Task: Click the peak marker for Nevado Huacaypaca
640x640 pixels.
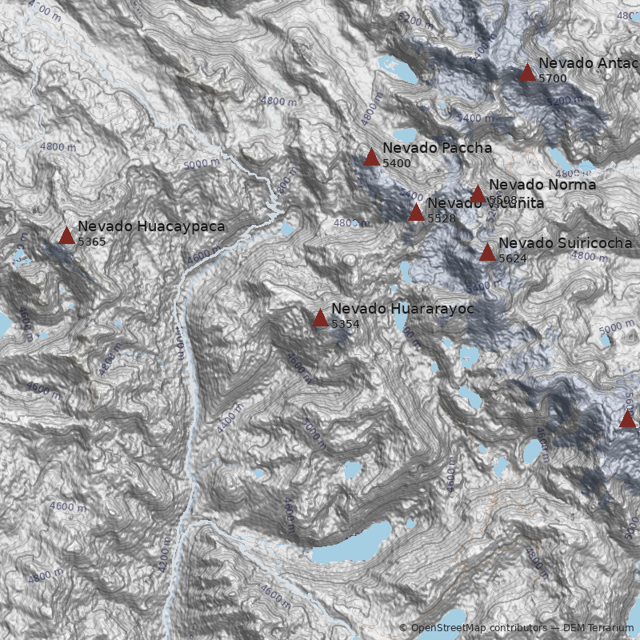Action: pos(66,235)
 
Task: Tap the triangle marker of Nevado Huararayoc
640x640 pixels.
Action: pos(320,318)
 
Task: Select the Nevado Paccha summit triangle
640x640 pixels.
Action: pos(371,157)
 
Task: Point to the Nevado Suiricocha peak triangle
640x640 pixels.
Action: pos(487,252)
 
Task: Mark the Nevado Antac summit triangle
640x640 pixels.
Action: pos(527,73)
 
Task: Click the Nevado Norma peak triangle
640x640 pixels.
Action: pos(478,194)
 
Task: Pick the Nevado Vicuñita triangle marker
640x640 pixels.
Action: pos(416,212)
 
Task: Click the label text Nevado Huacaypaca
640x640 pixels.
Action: pos(151,226)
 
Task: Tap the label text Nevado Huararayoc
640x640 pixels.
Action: pos(402,308)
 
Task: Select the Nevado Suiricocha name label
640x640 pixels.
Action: pos(565,243)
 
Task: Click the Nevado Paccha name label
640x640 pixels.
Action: pos(437,148)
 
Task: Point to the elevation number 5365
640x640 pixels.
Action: pos(92,242)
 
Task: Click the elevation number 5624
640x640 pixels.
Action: pos(513,258)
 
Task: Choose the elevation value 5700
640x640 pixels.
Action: pos(553,78)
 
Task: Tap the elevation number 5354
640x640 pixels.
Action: pos(346,324)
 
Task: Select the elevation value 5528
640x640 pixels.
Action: pos(441,218)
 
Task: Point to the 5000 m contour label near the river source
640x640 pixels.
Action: pos(200,163)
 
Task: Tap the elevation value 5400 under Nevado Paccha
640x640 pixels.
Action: pos(397,163)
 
